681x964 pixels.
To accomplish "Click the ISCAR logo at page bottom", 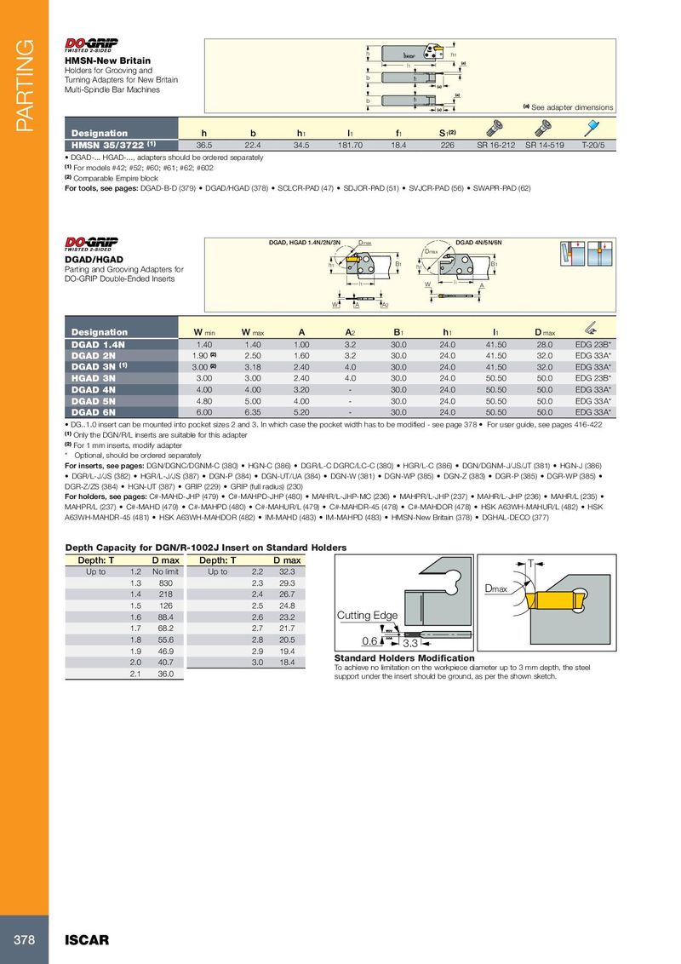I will coord(88,940).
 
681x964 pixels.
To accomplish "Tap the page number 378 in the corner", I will coord(23,940).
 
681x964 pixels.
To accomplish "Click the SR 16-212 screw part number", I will coord(495,146).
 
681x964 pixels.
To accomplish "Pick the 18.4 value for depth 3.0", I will coord(286,662).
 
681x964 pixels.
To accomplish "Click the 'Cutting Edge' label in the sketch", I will coord(368,616).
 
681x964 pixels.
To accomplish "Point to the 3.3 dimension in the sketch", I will coord(409,642).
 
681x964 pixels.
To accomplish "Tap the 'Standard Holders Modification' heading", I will coord(403,658).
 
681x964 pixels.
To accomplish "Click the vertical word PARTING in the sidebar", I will coord(23,85).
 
